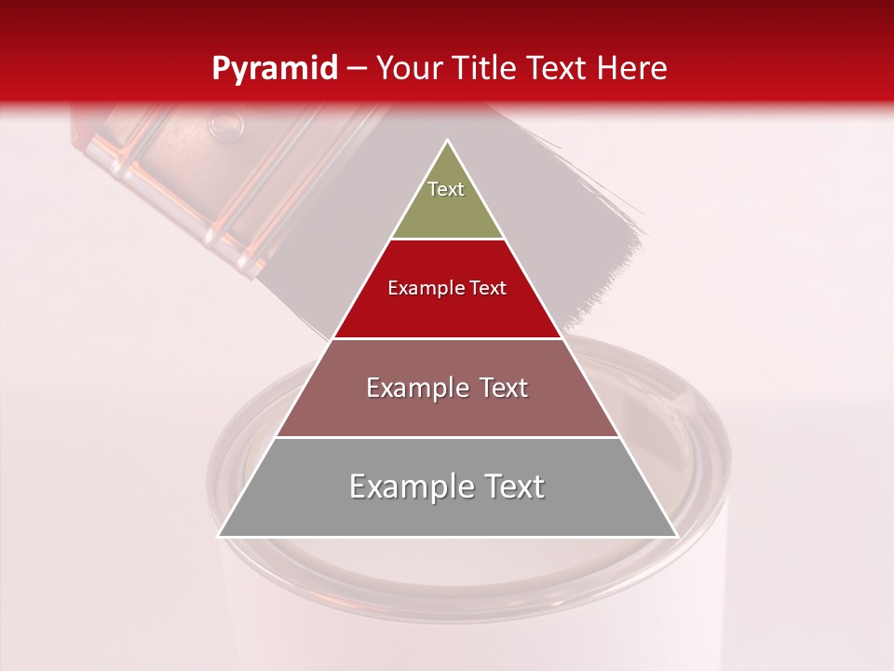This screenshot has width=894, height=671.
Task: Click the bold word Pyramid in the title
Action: pos(274,68)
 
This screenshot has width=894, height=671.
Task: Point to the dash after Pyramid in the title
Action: pos(356,69)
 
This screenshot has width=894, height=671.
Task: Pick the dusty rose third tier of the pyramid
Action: pos(447,410)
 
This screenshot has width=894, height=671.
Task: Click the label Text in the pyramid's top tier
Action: pos(446,189)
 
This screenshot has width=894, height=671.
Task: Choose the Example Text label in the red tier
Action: pos(447,288)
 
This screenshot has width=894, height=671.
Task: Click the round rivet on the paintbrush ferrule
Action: pos(223,122)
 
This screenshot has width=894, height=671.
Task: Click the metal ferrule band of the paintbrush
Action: pos(177,168)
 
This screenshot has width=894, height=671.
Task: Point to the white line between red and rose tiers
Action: pos(447,338)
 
